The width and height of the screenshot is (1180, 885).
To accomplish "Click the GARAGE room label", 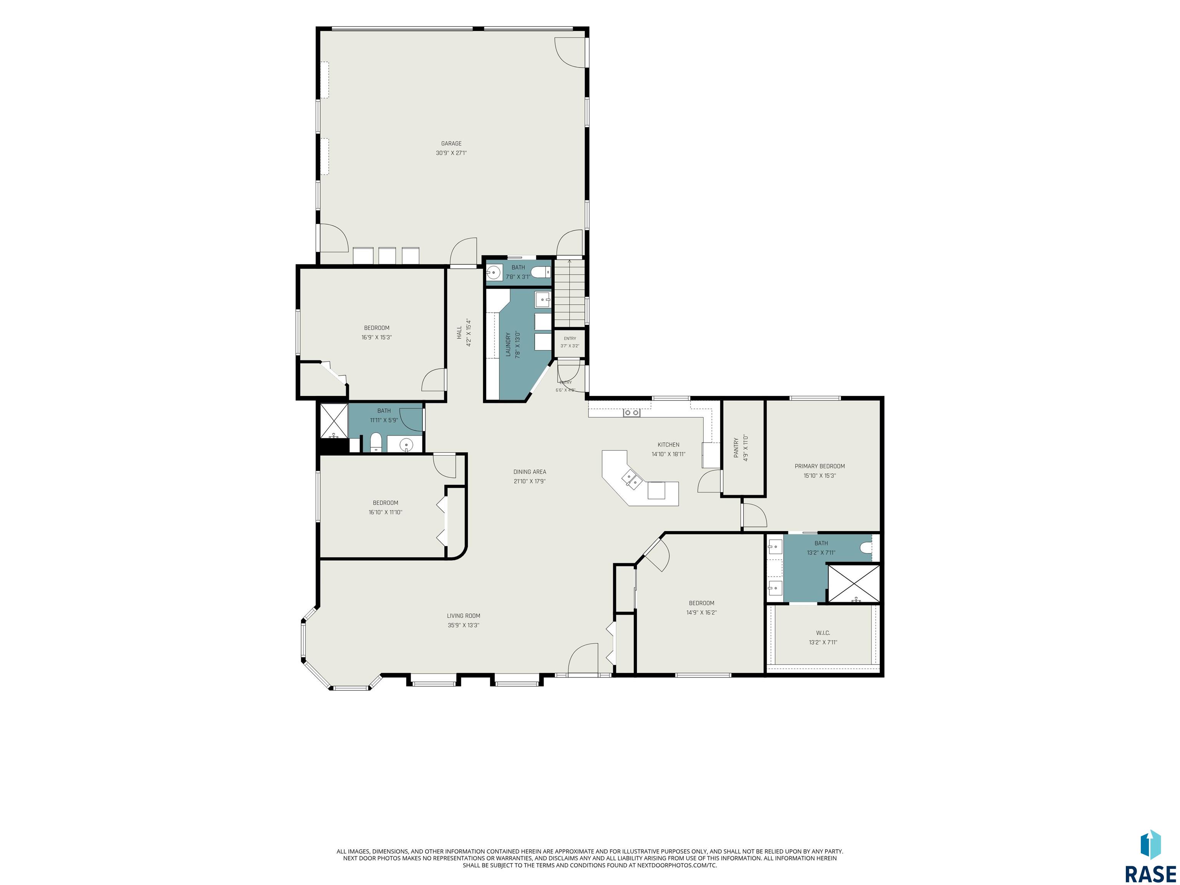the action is coord(451,144).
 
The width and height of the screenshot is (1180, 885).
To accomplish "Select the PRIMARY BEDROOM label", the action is coord(820,466).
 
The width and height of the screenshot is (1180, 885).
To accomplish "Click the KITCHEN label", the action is coord(668,445).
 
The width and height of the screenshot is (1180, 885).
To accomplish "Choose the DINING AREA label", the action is coord(530,472).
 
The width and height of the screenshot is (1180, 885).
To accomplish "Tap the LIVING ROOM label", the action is coord(464,616).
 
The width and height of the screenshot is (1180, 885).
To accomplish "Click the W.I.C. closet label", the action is coord(823,633).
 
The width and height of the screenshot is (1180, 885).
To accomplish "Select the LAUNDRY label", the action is coord(509,345).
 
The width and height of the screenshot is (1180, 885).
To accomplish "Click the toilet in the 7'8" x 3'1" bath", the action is coord(543,273).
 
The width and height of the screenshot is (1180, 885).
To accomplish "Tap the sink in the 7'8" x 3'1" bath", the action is coord(494,273).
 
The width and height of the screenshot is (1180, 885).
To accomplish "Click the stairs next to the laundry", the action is coord(570,293).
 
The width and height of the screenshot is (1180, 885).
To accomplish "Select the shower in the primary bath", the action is coord(854,583).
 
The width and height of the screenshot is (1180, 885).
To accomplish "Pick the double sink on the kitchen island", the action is coord(631,479).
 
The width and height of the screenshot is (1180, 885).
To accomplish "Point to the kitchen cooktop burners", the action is coord(631,413).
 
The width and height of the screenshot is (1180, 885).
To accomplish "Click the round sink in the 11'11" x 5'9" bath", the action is coord(406,444).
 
